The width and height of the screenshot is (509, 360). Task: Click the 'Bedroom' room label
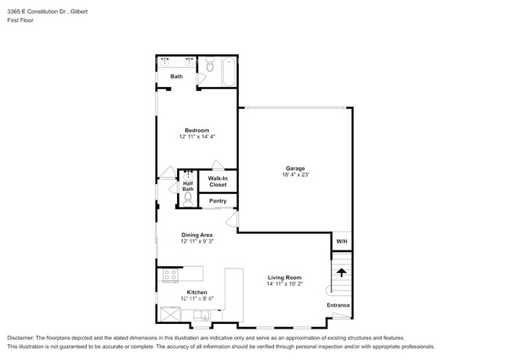(x=197, y=130)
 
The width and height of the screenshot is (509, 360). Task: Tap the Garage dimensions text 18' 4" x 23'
(x=294, y=175)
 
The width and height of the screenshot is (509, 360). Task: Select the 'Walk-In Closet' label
(x=217, y=182)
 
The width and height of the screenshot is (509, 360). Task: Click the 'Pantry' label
(x=217, y=201)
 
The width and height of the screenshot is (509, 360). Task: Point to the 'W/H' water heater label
(x=341, y=241)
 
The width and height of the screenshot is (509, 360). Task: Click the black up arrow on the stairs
(x=341, y=272)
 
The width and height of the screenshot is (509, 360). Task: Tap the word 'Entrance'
(x=338, y=305)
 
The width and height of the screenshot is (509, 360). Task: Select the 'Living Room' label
(x=284, y=278)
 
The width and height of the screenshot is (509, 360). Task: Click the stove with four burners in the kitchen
(x=169, y=275)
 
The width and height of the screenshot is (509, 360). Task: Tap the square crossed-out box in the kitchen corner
(x=171, y=316)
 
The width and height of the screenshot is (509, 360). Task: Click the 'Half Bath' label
(x=188, y=186)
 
